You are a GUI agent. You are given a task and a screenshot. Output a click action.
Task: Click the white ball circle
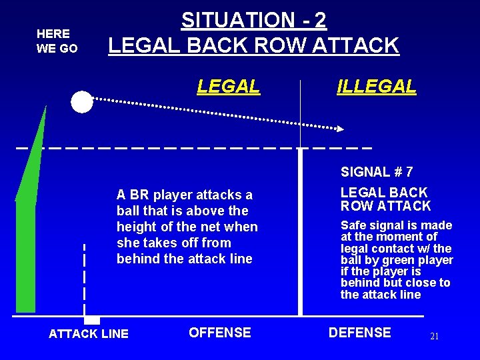pyautogui.click(x=82, y=102)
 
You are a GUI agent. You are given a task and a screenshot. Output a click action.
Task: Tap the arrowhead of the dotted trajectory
pyautogui.click(x=340, y=128)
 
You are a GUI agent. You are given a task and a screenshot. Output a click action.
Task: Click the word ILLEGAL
pyautogui.click(x=377, y=86)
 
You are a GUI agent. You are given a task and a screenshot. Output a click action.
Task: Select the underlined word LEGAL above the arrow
pyautogui.click(x=228, y=86)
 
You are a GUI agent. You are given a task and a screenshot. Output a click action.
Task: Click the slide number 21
pyautogui.click(x=434, y=337)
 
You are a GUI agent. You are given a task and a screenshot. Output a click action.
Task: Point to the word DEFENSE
pyautogui.click(x=359, y=332)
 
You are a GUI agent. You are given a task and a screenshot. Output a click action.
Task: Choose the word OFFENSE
pyautogui.click(x=220, y=332)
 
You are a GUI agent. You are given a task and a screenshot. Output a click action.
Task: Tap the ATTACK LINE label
pyautogui.click(x=89, y=333)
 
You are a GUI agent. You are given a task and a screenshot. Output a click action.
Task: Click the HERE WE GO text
pyautogui.click(x=57, y=41)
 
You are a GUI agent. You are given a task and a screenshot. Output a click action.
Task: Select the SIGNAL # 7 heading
pyautogui.click(x=377, y=172)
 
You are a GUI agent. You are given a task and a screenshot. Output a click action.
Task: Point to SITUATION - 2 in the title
pyautogui.click(x=254, y=20)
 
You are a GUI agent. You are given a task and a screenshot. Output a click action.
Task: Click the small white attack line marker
pyautogui.click(x=92, y=320)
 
